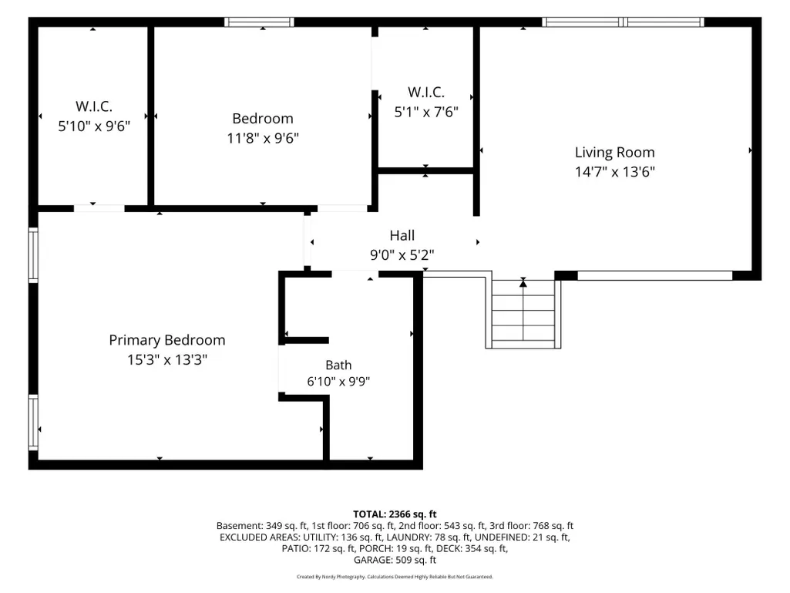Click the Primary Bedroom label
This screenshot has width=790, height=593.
coord(166,340)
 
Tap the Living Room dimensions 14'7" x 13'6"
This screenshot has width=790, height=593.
coord(615,172)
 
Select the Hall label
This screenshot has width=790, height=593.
coord(402,235)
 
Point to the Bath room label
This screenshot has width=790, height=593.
coord(338,365)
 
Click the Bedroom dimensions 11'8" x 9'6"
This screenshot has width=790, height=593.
coord(263,138)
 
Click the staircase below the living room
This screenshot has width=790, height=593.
coord(523,314)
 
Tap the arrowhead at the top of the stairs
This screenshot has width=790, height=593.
coord(523,283)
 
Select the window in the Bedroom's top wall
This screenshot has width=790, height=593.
coord(259,22)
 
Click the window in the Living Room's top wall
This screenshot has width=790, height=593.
coord(623,22)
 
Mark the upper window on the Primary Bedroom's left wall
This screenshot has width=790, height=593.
coord(33,254)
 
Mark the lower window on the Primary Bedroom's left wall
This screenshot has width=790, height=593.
coord(33,422)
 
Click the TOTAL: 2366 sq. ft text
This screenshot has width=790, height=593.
coord(395,514)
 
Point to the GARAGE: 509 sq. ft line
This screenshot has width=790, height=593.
coord(395,560)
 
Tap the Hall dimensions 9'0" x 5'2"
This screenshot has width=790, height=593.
coord(402,255)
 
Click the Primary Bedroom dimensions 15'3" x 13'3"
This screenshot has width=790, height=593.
coord(166,360)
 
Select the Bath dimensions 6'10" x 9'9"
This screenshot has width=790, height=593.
coord(338,382)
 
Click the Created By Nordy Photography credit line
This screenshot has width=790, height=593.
coord(395,577)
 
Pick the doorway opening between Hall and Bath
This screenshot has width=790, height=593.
coord(355,274)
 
